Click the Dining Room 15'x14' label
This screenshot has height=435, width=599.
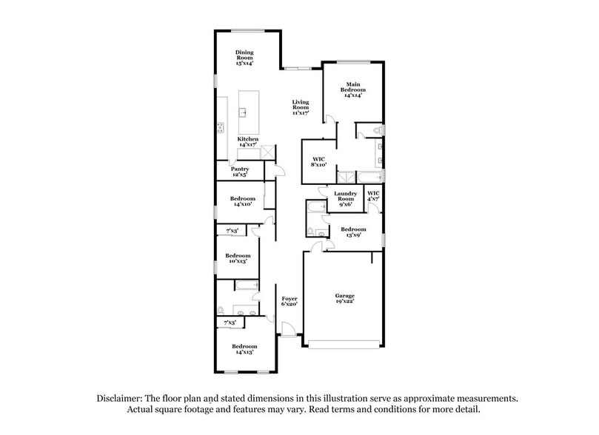click(x=244, y=58)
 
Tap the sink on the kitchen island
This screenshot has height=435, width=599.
click(x=242, y=113)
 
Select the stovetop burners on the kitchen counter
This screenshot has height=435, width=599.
click(x=220, y=128)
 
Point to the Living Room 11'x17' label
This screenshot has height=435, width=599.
click(x=300, y=107)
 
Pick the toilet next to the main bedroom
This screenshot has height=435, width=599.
click(x=377, y=131)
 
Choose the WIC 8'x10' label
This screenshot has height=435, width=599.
click(x=319, y=161)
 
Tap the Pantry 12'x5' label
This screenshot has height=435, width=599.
click(x=240, y=172)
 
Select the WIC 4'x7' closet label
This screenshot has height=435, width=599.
click(x=373, y=197)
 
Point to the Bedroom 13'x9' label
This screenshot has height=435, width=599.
click(x=353, y=232)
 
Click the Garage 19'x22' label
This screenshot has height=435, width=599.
click(x=344, y=299)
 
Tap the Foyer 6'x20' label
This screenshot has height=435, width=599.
click(x=290, y=301)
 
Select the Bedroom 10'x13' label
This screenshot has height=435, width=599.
click(x=238, y=258)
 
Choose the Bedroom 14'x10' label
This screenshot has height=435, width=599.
click(x=243, y=201)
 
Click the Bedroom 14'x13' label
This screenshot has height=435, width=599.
click(x=244, y=350)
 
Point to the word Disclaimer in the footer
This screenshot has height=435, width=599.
click(x=121, y=398)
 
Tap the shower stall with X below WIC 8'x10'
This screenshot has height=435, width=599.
click(x=345, y=177)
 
